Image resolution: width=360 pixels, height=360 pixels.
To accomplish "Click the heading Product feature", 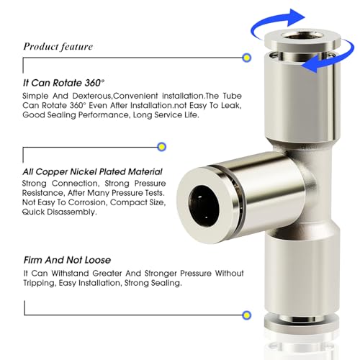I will point(58,47).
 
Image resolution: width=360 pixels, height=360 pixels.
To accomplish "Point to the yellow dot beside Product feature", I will point(247,56).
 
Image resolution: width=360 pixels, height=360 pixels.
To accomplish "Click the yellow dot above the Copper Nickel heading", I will point(161,148).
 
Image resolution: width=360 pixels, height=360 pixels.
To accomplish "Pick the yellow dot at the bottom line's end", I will point(247,314).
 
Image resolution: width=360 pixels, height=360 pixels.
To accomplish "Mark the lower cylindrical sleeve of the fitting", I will point(295,288).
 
